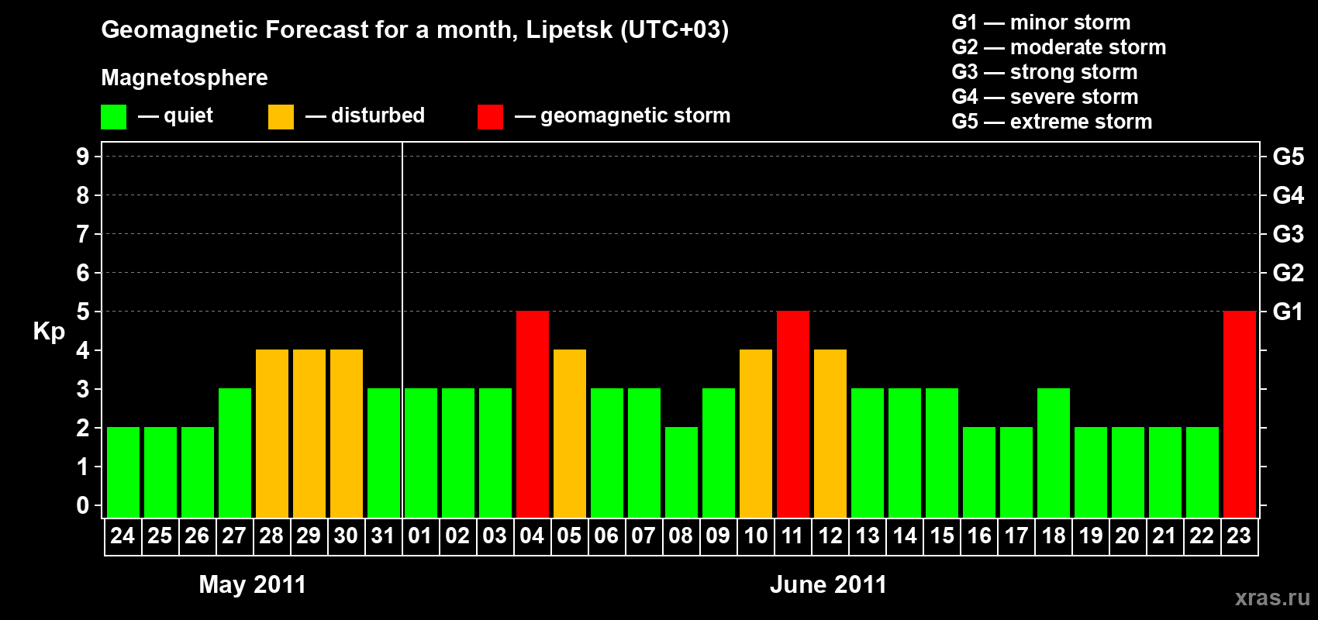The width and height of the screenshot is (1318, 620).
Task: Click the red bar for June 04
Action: [x=533, y=414]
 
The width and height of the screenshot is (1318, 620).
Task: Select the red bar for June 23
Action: [x=1240, y=414]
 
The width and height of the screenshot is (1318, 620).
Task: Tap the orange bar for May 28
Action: [x=272, y=433]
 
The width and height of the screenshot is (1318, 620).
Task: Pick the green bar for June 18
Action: [x=1054, y=453]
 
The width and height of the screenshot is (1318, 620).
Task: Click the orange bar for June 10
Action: [x=756, y=433]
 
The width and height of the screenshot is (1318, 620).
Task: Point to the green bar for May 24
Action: [x=123, y=472]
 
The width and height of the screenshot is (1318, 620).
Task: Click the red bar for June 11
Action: [x=793, y=414]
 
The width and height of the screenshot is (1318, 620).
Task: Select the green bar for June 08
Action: [x=681, y=472]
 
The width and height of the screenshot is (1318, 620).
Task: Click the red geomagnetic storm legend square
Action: [x=490, y=117]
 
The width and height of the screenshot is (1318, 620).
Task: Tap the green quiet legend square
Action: [x=114, y=117]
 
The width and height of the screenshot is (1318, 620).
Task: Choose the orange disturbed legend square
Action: [x=281, y=117]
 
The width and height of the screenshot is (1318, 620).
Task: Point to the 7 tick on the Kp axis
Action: [x=83, y=234]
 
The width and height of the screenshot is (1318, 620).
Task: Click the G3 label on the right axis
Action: [x=1288, y=234]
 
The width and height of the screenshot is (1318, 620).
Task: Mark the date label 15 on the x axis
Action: [x=942, y=536]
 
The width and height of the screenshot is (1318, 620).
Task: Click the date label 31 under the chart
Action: [x=383, y=536]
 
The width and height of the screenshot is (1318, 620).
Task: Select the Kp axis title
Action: [x=49, y=332]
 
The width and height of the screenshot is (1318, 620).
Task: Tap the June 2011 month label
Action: [x=828, y=584]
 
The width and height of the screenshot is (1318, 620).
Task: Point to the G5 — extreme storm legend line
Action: [x=1051, y=122]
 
